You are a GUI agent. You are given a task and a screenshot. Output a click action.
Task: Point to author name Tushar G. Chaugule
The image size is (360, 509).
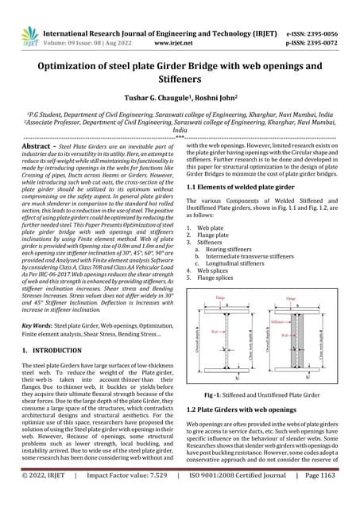[149, 92]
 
